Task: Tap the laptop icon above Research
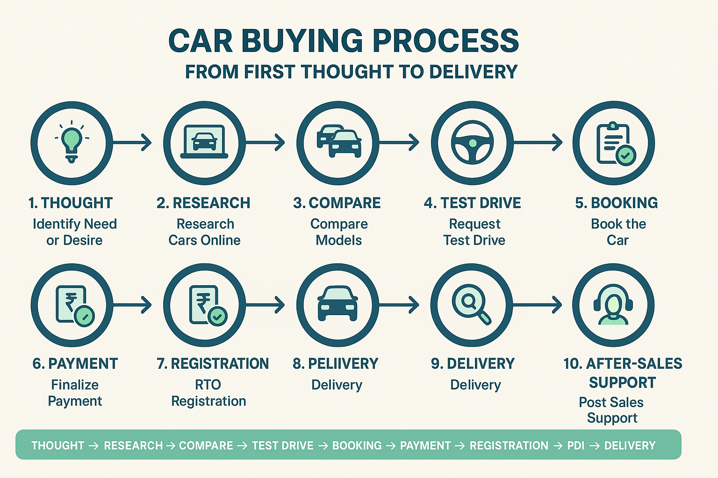pyautogui.click(x=204, y=142)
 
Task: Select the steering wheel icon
pyautogui.click(x=472, y=142)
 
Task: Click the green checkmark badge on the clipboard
pyautogui.click(x=626, y=155)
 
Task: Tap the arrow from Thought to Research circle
pyautogui.click(x=132, y=142)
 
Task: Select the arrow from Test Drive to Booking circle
pyautogui.click(x=538, y=142)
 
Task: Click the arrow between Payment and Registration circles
pyautogui.click(x=132, y=305)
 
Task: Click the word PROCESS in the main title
pyautogui.click(x=445, y=41)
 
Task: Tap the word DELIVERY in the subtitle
pyautogui.click(x=473, y=71)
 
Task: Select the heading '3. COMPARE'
pyautogui.click(x=337, y=203)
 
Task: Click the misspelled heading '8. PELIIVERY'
pyautogui.click(x=336, y=364)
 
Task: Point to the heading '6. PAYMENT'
pyautogui.click(x=75, y=364)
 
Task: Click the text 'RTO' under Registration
pyautogui.click(x=208, y=385)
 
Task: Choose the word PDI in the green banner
pyautogui.click(x=576, y=445)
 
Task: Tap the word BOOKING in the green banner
pyautogui.click(x=357, y=445)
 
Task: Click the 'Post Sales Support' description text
pyautogui.click(x=611, y=410)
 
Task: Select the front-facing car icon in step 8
pyautogui.click(x=337, y=303)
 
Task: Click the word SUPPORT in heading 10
pyautogui.click(x=623, y=383)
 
